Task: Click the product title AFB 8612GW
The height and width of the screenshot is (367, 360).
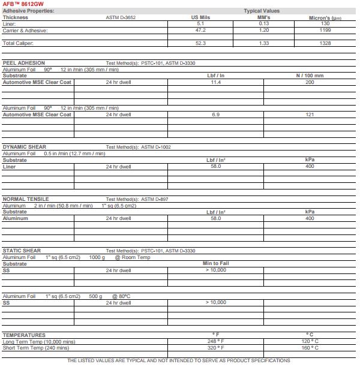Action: coord(23,4)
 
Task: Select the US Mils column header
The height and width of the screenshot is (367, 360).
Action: coord(200,17)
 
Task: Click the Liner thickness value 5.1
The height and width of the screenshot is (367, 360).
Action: coord(200,23)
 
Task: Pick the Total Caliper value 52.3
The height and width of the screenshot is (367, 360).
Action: coord(200,43)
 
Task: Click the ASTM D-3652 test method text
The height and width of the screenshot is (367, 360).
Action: coord(121,17)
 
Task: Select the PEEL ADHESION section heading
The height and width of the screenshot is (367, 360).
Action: coord(24,63)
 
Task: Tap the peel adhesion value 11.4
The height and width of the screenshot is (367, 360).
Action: coord(215,82)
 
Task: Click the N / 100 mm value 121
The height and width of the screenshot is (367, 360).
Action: coord(310,115)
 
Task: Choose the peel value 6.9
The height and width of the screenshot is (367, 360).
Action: coord(215,115)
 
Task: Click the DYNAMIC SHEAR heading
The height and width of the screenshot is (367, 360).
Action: coord(25,147)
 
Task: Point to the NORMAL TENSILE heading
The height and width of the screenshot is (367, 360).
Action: coord(26,199)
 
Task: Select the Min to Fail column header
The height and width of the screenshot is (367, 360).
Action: coord(215,264)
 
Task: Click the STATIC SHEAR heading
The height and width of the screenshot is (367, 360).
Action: coord(22,251)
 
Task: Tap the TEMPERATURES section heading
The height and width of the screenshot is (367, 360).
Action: coord(24,335)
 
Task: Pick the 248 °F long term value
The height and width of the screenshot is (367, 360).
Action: coord(215,342)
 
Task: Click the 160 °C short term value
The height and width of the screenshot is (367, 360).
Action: coord(310,348)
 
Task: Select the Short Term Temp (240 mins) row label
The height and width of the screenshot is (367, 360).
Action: coord(36,348)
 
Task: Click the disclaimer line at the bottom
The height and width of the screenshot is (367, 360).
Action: coord(178,360)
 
